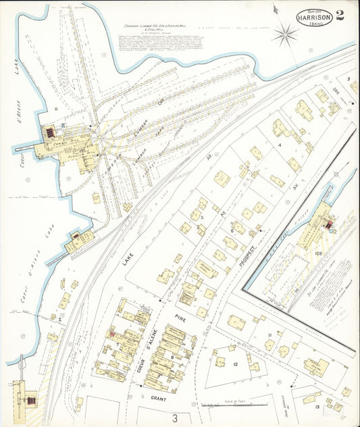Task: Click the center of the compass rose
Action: tap(285, 32)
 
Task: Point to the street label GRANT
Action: tap(159, 399)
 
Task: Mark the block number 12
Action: tap(235, 365)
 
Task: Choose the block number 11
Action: tap(269, 335)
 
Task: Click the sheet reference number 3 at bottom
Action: tap(174, 418)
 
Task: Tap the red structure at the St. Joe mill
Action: tap(329, 224)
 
